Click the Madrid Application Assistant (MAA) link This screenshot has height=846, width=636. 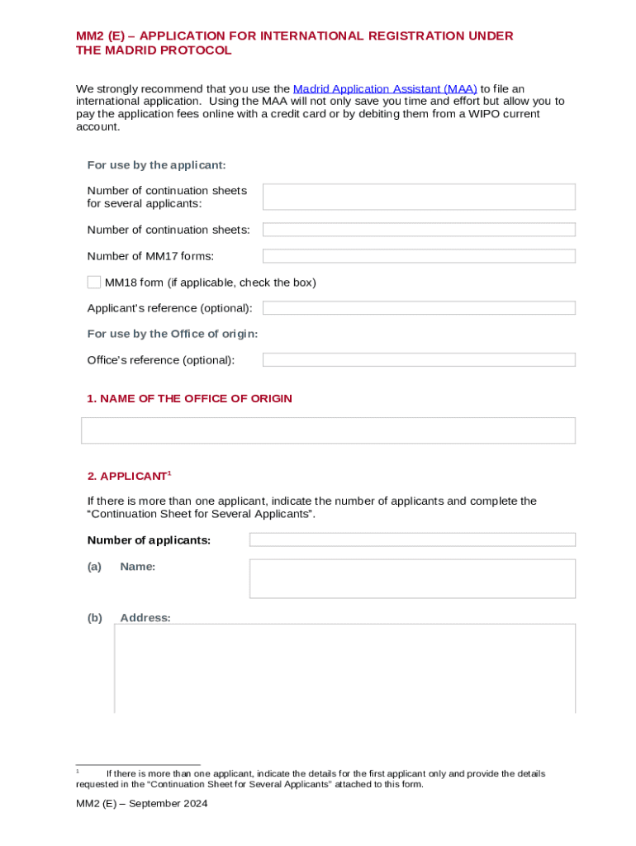[385, 88]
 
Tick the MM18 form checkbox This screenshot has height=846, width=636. [94, 283]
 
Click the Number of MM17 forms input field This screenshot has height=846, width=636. [419, 256]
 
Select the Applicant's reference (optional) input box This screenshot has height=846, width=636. [419, 308]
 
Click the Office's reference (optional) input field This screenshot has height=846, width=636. [419, 360]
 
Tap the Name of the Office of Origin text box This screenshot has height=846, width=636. [328, 430]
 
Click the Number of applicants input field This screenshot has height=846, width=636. [412, 539]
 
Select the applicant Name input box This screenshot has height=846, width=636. [412, 578]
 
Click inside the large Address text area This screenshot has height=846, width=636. [344, 668]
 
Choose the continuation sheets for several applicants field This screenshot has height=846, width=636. [419, 197]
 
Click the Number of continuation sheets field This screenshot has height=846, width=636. [419, 230]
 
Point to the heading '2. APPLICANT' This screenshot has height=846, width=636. [127, 477]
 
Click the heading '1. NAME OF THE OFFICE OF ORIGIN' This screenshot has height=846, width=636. [189, 399]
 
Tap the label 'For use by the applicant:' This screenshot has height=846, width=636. [156, 165]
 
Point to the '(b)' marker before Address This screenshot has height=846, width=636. [95, 618]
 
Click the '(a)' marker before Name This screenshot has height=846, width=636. [94, 567]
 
